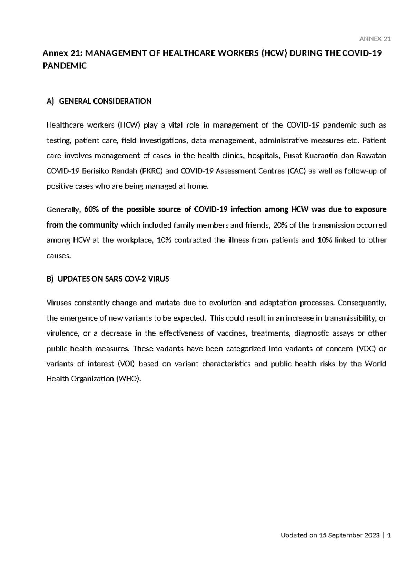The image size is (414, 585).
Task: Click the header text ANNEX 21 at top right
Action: pyautogui.click(x=375, y=39)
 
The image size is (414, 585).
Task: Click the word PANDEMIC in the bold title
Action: pyautogui.click(x=64, y=66)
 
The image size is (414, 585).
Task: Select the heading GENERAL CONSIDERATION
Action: pyautogui.click(x=105, y=101)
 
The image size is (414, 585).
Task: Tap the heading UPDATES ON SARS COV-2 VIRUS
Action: pyautogui.click(x=113, y=279)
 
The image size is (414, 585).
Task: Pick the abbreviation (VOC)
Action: pyautogui.click(x=366, y=349)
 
